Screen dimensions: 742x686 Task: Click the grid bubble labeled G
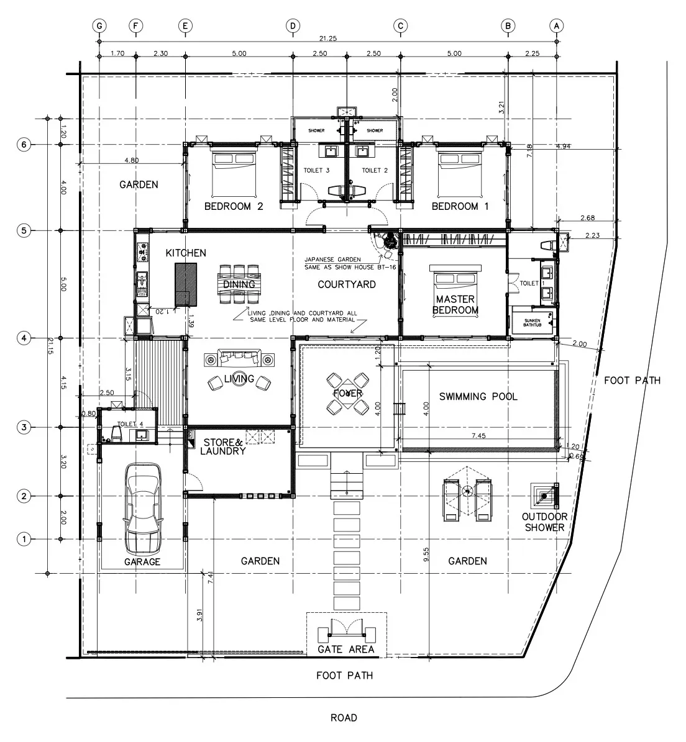(x=99, y=25)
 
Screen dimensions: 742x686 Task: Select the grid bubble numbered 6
(x=24, y=144)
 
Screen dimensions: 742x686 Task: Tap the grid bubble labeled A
(x=556, y=25)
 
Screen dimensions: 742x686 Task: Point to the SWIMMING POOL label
(x=478, y=397)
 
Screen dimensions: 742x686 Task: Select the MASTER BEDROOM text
(x=455, y=305)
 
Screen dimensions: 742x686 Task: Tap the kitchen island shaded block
(x=185, y=284)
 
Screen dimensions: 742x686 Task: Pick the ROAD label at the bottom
(x=344, y=718)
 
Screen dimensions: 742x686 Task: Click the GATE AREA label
(x=346, y=649)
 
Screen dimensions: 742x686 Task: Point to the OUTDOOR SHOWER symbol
(x=545, y=496)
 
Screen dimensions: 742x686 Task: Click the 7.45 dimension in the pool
(x=478, y=436)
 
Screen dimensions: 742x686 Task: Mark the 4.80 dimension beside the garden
(x=131, y=160)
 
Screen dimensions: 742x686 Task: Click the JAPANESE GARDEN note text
(x=339, y=263)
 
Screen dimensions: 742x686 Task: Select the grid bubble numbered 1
(x=24, y=538)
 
